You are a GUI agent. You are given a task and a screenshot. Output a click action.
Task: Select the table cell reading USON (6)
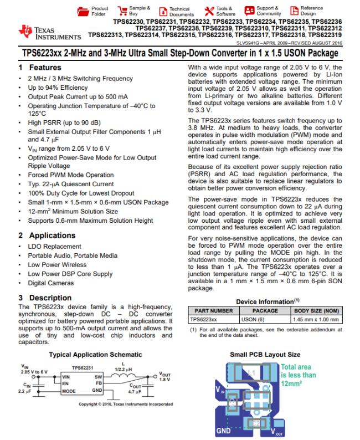point(253,319)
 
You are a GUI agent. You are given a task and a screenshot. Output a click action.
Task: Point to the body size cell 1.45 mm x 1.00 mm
point(317,319)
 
